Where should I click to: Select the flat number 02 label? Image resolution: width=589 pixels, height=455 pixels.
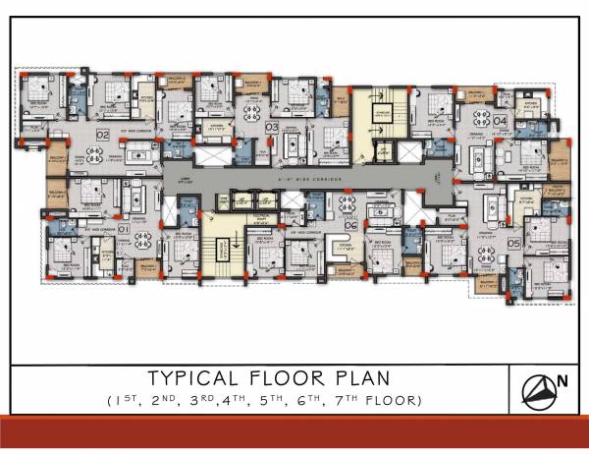(102, 133)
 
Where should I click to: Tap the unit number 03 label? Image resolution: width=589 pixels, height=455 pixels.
(271, 127)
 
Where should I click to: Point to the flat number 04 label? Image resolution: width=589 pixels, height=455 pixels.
(499, 120)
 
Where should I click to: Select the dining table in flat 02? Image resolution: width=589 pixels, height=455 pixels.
(95, 153)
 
